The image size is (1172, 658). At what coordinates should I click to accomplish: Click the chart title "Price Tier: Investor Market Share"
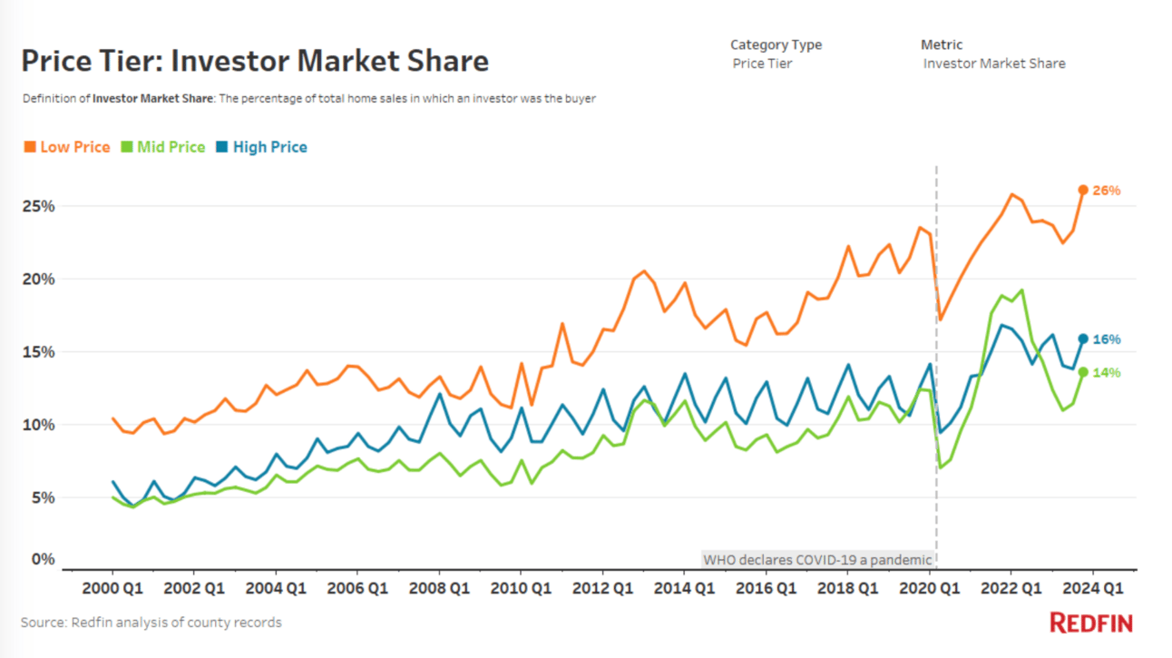(x=255, y=61)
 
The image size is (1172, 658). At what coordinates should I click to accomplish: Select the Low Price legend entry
(x=66, y=147)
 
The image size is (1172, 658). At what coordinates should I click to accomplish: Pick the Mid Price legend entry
(x=164, y=147)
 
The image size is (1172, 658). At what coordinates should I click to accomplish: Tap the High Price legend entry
(x=262, y=147)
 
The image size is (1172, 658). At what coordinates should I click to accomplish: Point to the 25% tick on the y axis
(x=39, y=206)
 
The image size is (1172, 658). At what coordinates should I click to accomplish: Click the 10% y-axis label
(x=39, y=425)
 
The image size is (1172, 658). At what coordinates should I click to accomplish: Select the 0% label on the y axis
(x=44, y=559)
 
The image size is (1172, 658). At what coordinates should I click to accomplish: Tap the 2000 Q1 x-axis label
(x=112, y=587)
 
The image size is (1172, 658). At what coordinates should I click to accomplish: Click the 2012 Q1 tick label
(x=602, y=587)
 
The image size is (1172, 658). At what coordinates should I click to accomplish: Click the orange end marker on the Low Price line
(x=1082, y=190)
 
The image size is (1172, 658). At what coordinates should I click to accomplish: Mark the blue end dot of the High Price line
(x=1082, y=339)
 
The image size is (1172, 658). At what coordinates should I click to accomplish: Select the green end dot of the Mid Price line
(x=1082, y=371)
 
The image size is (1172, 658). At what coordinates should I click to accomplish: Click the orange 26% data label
(x=1107, y=191)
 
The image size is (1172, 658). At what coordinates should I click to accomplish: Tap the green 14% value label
(x=1107, y=372)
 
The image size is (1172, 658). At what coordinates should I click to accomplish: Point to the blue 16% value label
(x=1107, y=339)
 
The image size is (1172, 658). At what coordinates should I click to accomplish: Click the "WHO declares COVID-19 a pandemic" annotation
(x=817, y=559)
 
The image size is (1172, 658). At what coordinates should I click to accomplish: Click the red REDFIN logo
(x=1091, y=623)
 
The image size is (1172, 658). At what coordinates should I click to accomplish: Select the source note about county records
(x=151, y=623)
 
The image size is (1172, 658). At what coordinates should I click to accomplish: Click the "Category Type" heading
(x=776, y=44)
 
